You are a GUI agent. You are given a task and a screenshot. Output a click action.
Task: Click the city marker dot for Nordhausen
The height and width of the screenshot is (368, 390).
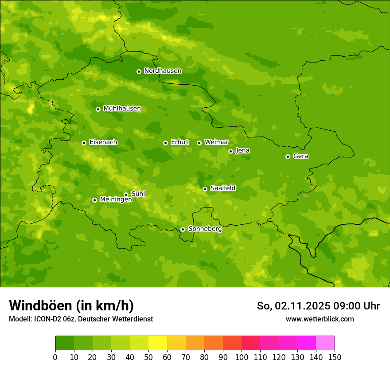(139, 71)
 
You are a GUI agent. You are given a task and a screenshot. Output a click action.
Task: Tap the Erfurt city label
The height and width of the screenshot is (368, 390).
(179, 142)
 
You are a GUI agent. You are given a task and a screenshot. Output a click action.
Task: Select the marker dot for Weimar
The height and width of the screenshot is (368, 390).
(199, 143)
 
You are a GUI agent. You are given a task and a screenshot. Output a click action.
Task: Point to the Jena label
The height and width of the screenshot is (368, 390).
(242, 151)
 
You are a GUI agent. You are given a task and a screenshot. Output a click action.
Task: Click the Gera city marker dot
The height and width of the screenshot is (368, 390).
(288, 157)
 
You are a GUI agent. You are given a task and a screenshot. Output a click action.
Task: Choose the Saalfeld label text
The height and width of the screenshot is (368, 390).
(222, 188)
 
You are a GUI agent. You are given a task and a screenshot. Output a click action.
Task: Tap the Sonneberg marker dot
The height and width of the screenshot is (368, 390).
(183, 229)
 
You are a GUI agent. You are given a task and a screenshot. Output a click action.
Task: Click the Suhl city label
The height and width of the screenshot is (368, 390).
(138, 194)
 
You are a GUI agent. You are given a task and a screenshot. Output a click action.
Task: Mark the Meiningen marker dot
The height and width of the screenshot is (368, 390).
(94, 200)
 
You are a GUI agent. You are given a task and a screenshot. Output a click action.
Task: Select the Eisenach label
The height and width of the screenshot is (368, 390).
(103, 142)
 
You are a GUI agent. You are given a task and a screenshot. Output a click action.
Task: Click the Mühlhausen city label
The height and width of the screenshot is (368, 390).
(122, 109)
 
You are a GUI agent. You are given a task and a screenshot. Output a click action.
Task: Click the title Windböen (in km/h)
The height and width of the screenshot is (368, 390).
(71, 305)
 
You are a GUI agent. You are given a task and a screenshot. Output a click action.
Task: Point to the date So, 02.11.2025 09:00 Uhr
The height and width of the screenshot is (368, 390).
(318, 306)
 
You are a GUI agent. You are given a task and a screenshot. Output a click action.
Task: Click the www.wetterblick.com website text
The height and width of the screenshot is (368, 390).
(320, 319)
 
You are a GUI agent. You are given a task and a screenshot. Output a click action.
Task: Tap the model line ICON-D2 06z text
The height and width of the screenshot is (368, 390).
(81, 319)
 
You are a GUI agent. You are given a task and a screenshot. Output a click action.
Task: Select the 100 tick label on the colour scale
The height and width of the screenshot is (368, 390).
(242, 357)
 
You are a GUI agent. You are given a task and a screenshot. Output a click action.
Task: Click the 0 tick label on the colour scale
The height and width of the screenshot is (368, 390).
(55, 357)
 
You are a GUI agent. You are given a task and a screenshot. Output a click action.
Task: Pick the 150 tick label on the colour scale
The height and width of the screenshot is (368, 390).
(335, 357)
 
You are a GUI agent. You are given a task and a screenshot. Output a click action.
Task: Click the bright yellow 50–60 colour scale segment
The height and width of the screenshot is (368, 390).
(158, 343)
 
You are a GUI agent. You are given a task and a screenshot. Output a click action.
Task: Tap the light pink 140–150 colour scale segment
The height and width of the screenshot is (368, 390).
(325, 343)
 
